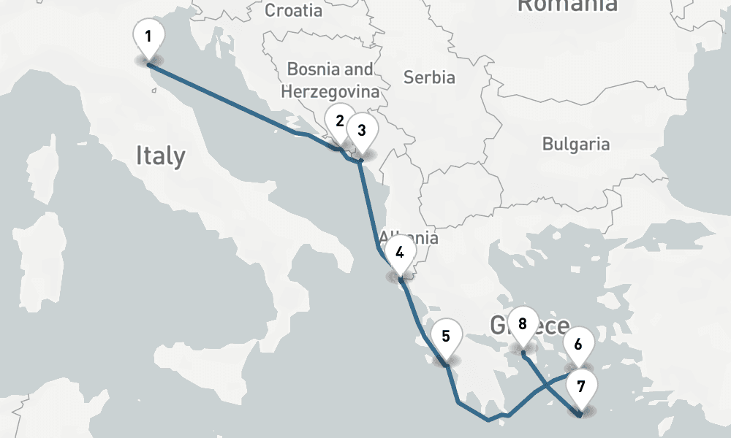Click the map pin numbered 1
point(148,36)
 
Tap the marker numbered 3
point(361,130)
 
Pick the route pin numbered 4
point(400,253)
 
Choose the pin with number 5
point(446,337)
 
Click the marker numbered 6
point(578,343)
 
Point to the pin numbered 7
point(581,387)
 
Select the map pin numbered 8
point(522,323)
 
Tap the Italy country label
point(160,155)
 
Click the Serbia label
point(429,77)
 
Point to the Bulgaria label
point(575,144)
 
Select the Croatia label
point(293,10)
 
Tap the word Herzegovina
point(330,92)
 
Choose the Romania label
point(567,6)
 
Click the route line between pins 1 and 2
point(227,101)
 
